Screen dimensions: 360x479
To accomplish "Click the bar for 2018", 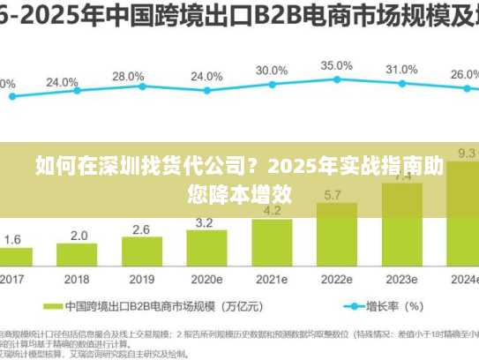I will (79, 256).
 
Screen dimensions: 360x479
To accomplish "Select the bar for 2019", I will (141, 252).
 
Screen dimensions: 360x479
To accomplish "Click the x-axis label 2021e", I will (272, 279).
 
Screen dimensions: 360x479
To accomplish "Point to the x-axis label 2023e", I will (401, 279).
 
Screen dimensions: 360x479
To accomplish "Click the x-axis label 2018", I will (79, 279).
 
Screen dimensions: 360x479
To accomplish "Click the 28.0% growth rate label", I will (128, 77).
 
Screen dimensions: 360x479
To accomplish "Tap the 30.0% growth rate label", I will (272, 71).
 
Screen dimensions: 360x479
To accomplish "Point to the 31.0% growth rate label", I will (401, 70).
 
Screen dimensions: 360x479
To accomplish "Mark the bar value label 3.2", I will (205, 222).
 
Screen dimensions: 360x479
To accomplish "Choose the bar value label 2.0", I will (79, 236).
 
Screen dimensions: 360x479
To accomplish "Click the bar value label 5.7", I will (334, 194).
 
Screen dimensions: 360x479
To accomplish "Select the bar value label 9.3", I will (467, 154).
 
